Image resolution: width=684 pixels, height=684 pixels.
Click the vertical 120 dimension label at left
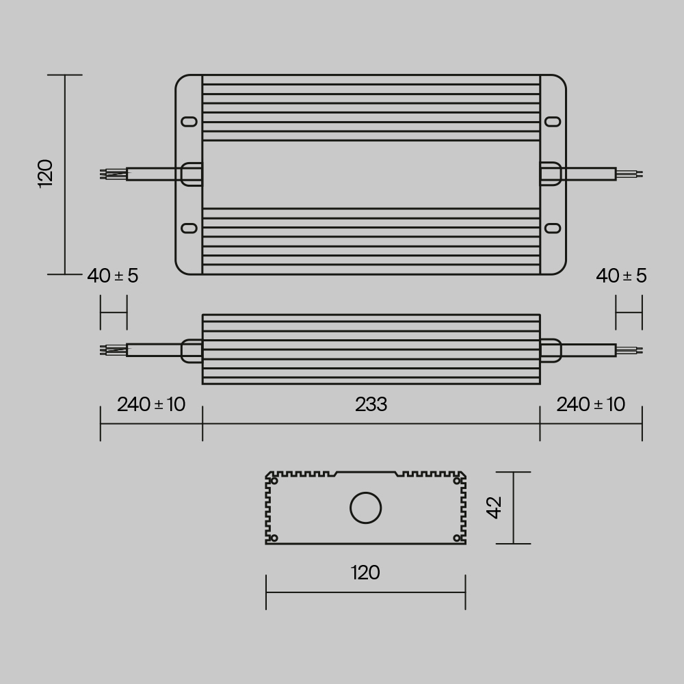coord(45,174)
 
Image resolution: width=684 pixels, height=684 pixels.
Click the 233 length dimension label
coord(371,405)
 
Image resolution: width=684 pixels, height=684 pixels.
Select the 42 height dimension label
coord(494,507)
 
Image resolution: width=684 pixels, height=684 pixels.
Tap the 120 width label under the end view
coord(365,573)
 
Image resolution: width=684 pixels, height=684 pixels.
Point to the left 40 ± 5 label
coord(113,276)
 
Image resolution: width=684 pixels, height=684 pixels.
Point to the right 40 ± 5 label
coord(621,276)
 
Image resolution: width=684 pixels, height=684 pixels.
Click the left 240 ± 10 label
coord(151,404)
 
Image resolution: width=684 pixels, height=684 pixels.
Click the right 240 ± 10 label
coord(590,404)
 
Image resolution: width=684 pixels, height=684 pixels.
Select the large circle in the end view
coord(365,508)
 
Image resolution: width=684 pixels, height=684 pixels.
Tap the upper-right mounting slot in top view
coord(552,121)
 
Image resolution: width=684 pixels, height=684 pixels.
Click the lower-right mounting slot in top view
coord(552,228)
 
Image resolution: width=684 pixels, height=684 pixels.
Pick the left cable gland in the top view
coord(191,174)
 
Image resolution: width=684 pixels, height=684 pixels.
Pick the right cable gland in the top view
coord(551,174)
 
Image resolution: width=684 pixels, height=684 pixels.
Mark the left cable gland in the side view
coord(191,350)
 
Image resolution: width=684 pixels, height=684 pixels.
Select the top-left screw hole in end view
coord(274,482)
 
